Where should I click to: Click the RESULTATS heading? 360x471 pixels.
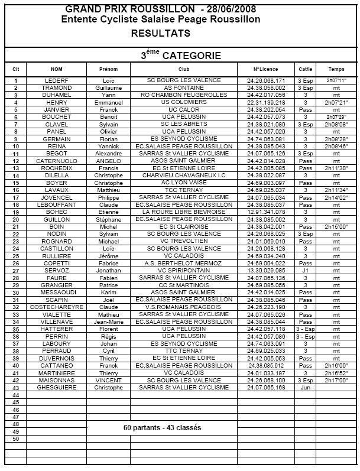(x=161, y=34)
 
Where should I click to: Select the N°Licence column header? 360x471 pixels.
(x=269, y=69)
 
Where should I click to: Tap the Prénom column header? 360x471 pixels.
(x=109, y=69)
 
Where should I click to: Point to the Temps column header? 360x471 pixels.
(x=336, y=69)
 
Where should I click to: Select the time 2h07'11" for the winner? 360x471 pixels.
(x=336, y=80)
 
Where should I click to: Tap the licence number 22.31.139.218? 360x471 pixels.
(x=269, y=102)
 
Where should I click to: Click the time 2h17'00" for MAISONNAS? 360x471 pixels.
(x=336, y=379)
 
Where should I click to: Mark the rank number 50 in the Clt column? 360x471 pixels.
(x=16, y=438)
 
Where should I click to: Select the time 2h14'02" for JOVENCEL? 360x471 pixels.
(x=336, y=197)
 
